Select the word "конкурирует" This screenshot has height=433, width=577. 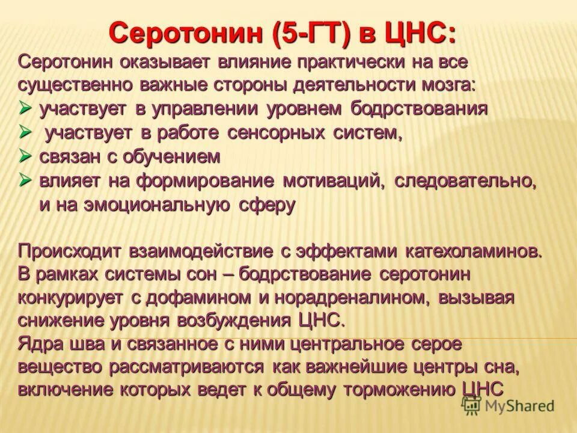coord(70,297)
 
